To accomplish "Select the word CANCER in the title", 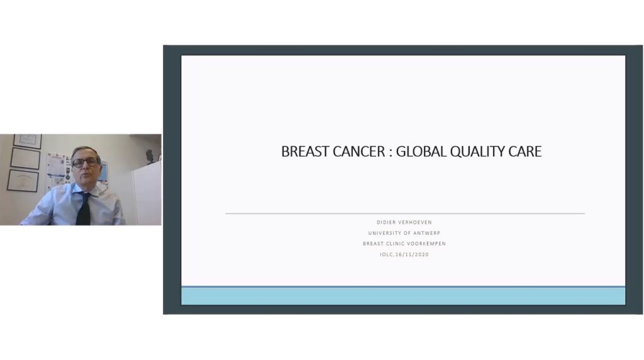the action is tap(358, 152).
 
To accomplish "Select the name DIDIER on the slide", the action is tap(386, 222).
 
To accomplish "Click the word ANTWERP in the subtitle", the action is tap(427, 233).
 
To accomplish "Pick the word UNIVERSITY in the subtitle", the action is tap(385, 233).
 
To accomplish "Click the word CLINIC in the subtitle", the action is tap(395, 244).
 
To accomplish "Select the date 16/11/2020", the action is tap(412, 255).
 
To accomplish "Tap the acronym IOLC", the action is tap(387, 255).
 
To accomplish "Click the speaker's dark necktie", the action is tap(84, 209).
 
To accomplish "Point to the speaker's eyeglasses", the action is tap(86, 162).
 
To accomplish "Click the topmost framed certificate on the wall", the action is tap(28, 140).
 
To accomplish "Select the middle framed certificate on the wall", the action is tap(25, 158).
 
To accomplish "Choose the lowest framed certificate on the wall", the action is tap(23, 181).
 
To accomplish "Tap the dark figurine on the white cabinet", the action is tap(150, 156).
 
